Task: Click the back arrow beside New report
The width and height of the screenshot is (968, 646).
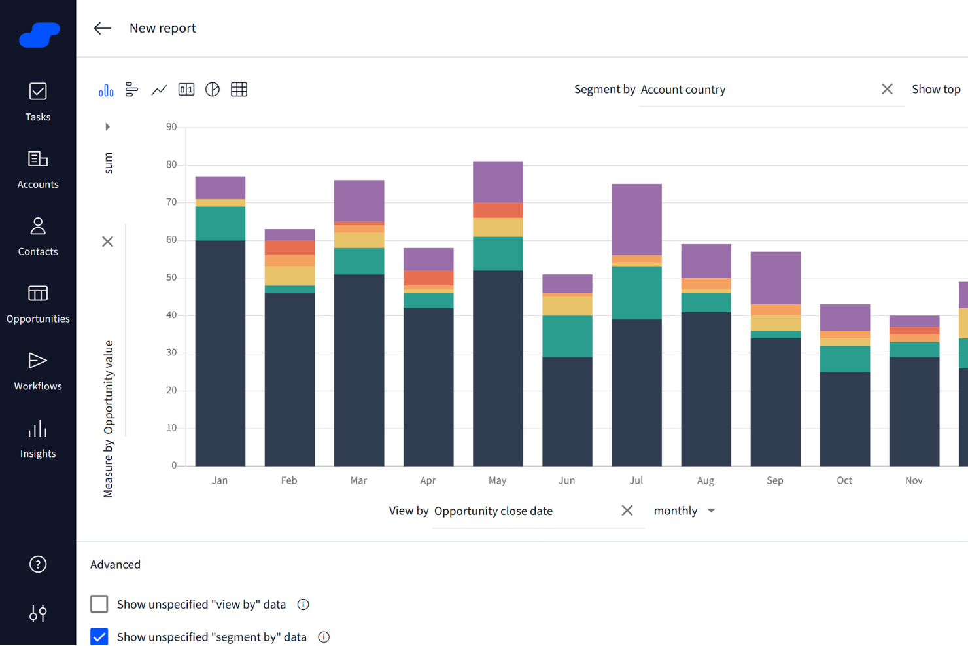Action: [x=102, y=28]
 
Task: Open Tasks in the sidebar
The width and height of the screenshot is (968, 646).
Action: [x=38, y=102]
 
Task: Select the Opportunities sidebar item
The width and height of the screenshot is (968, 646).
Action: [x=38, y=304]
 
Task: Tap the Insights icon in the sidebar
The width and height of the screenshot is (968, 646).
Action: [x=38, y=439]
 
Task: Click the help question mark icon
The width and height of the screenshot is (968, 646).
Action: [x=38, y=564]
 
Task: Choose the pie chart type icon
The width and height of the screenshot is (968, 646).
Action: [x=213, y=90]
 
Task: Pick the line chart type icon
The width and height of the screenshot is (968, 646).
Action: [x=159, y=90]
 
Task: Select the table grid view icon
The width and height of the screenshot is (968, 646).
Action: [x=239, y=90]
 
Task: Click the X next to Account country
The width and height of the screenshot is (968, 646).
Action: [x=887, y=89]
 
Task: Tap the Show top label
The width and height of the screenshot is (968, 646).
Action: [x=935, y=89]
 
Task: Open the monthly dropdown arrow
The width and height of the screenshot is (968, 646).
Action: [x=712, y=511]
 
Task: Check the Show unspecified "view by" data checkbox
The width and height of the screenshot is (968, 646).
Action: [x=99, y=604]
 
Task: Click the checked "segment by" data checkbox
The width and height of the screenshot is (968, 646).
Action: [x=99, y=637]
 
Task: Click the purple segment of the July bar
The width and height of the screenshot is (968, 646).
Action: [x=636, y=219]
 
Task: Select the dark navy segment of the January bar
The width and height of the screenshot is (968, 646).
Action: [x=220, y=353]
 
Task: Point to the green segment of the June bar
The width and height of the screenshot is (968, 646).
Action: [x=567, y=336]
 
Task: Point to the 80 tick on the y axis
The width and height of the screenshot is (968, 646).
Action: [x=171, y=164]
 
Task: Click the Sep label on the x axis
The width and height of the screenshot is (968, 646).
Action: [x=775, y=480]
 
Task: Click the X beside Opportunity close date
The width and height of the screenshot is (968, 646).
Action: [x=627, y=511]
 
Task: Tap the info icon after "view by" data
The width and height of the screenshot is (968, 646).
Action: [x=303, y=605]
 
